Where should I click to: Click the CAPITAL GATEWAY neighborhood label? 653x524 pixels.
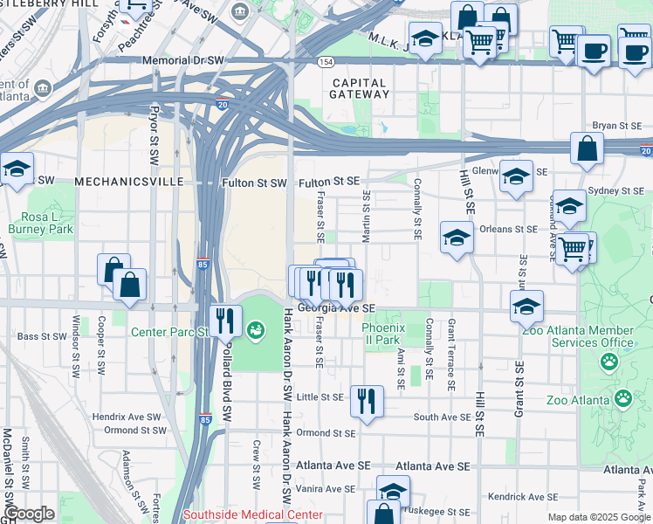(360, 87)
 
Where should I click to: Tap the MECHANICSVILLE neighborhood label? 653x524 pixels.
(130, 182)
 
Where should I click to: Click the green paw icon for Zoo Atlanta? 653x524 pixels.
(622, 399)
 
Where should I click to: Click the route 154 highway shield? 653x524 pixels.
(326, 62)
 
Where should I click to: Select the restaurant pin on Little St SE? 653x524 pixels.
(366, 401)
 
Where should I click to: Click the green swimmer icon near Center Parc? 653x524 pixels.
(256, 330)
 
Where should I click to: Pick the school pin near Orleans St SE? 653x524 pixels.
(457, 238)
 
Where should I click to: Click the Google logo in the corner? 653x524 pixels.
(28, 514)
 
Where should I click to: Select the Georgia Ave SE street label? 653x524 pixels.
(335, 308)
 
